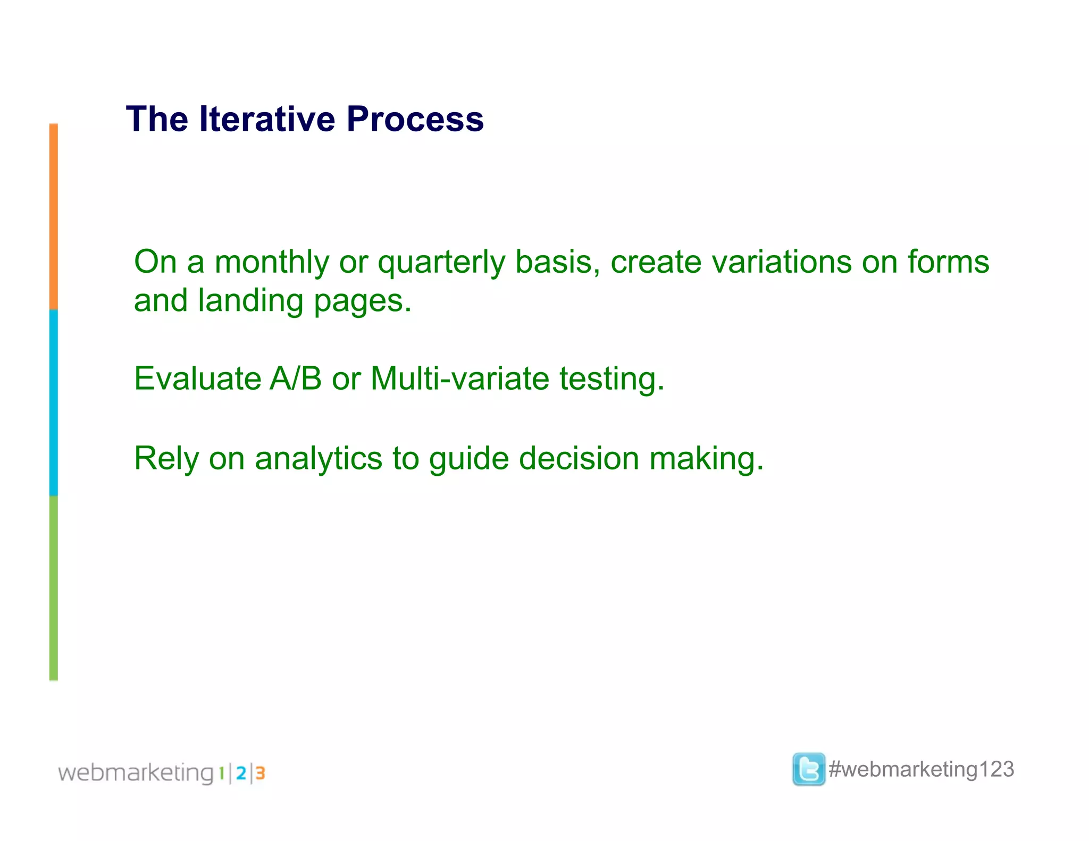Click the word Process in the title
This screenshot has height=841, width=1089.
415,119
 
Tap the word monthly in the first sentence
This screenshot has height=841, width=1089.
272,263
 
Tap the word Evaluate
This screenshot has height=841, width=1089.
197,379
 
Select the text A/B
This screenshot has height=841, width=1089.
296,379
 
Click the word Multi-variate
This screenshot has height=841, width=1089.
460,379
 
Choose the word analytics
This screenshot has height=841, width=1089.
319,459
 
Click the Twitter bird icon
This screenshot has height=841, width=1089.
808,769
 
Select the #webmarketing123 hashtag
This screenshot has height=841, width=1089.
921,769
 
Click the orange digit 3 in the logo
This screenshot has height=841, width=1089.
260,773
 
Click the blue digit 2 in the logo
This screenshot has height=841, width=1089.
241,773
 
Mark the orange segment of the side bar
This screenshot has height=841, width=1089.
54,217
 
